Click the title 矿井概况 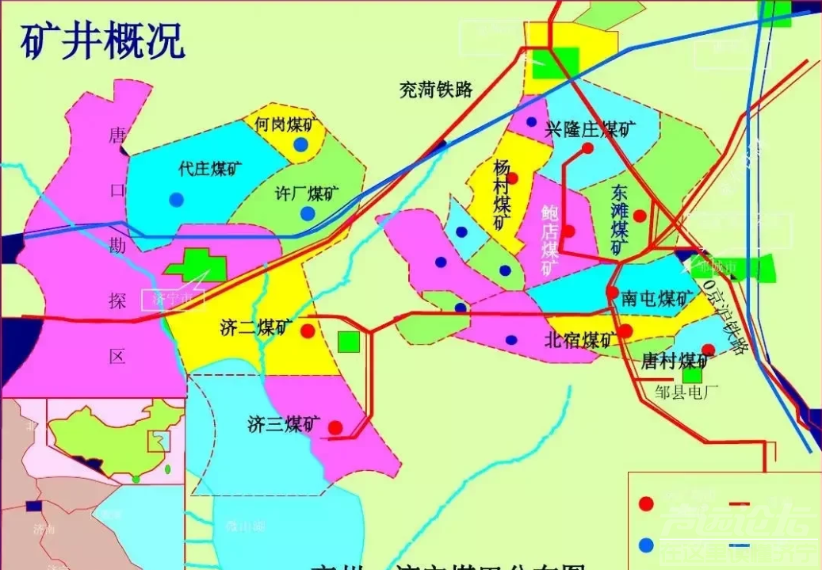tap(103, 40)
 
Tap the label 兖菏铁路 tap(435, 90)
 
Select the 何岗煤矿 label tap(285, 124)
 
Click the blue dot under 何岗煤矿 tap(300, 144)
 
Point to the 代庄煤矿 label tap(211, 169)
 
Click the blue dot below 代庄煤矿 tap(176, 199)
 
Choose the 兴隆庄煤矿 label tap(591, 129)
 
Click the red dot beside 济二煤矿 tap(308, 331)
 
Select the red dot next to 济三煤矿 tap(335, 427)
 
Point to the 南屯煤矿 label tap(658, 298)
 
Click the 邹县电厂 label tap(686, 391)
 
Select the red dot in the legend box tap(647, 503)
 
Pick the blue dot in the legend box tap(647, 545)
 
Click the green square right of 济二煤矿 tap(348, 342)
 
